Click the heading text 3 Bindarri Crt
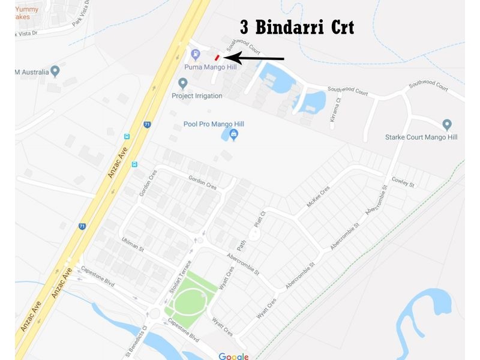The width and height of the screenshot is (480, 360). click(x=297, y=28)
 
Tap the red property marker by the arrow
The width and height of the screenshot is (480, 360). click(x=217, y=57)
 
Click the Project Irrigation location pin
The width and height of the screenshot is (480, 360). click(x=182, y=83)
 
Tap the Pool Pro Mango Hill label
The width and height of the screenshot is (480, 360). click(x=214, y=124)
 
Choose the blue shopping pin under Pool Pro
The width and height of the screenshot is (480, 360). click(x=233, y=136)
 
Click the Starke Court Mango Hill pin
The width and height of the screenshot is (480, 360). click(x=446, y=125)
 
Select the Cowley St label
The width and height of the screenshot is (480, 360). click(x=403, y=181)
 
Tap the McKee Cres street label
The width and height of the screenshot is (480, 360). click(x=319, y=196)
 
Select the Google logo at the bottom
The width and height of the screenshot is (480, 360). click(x=233, y=356)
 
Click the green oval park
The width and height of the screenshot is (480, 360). click(x=190, y=300)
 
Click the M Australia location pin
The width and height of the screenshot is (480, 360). click(x=55, y=71)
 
